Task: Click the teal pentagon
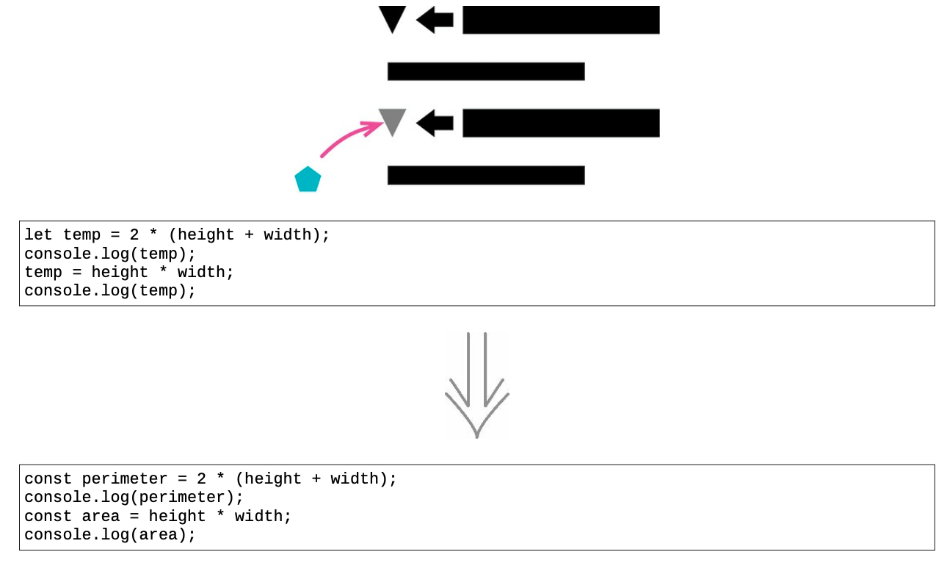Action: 308,179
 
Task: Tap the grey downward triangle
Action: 392,121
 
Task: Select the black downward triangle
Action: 392,18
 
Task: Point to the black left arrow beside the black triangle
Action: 435,20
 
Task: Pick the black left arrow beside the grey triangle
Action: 435,123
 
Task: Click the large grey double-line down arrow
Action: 477,385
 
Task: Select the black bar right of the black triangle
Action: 561,20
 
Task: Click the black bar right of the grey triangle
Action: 561,123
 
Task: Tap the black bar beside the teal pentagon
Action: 486,175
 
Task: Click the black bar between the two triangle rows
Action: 486,71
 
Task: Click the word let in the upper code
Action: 38,234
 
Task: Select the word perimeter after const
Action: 125,479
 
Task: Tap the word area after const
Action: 101,516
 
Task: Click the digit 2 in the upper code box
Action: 134,234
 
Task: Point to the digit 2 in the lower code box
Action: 201,478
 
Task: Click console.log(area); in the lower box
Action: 110,535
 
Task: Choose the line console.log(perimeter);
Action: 134,498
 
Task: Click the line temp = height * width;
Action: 129,272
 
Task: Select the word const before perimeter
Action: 48,478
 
